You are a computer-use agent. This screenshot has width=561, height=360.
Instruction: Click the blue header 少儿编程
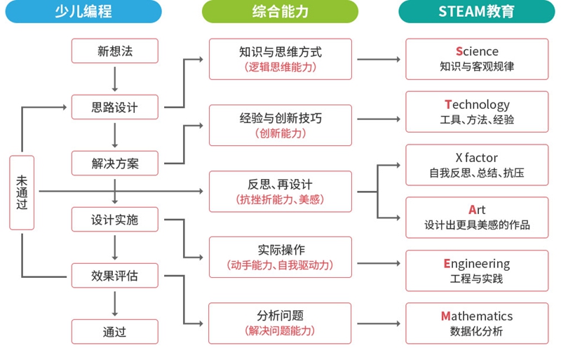[83, 11]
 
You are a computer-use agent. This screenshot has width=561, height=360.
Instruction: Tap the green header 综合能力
[280, 11]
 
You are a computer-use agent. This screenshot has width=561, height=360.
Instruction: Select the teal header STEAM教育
[477, 11]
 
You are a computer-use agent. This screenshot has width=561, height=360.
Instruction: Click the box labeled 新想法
[115, 51]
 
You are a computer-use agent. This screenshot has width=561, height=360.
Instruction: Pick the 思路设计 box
[115, 107]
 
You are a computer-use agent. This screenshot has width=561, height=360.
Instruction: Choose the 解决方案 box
[115, 164]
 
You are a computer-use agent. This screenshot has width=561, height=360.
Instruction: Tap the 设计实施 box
[115, 219]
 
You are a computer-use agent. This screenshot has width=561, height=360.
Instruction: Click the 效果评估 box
[115, 276]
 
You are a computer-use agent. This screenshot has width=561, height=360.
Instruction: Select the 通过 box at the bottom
[115, 332]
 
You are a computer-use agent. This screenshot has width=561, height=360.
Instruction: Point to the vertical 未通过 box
[22, 192]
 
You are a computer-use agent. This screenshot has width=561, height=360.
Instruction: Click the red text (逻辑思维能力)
[280, 67]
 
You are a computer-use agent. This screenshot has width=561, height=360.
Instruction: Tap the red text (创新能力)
[280, 133]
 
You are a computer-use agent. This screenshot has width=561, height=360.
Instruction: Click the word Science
[477, 51]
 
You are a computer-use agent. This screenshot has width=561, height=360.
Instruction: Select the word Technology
[477, 105]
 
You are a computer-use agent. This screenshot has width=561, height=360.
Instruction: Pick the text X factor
[477, 158]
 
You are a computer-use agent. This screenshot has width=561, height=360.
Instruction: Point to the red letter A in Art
[473, 210]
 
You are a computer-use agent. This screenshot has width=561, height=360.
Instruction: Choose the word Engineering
[477, 264]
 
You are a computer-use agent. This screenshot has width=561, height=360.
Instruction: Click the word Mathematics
[477, 316]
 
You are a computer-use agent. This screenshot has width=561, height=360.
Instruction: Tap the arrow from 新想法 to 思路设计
[115, 79]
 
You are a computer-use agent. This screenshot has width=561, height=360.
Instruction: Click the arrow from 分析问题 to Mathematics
[379, 324]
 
